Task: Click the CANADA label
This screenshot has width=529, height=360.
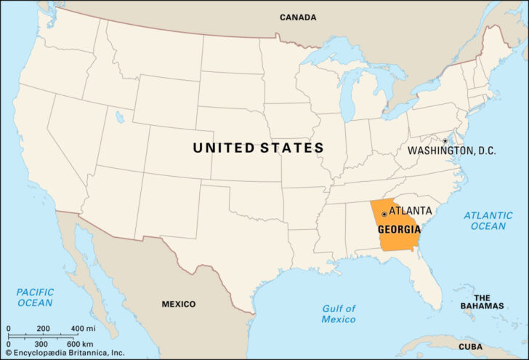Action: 298,17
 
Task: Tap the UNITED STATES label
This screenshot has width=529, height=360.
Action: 258,148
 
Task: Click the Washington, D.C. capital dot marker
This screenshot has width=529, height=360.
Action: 445,141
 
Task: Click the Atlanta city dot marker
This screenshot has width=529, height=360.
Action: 384,215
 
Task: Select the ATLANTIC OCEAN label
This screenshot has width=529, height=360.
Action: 488,220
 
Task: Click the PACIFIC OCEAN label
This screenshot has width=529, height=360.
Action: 35,297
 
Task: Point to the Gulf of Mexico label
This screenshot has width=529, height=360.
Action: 339,313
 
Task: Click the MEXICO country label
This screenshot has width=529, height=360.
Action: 178,304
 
